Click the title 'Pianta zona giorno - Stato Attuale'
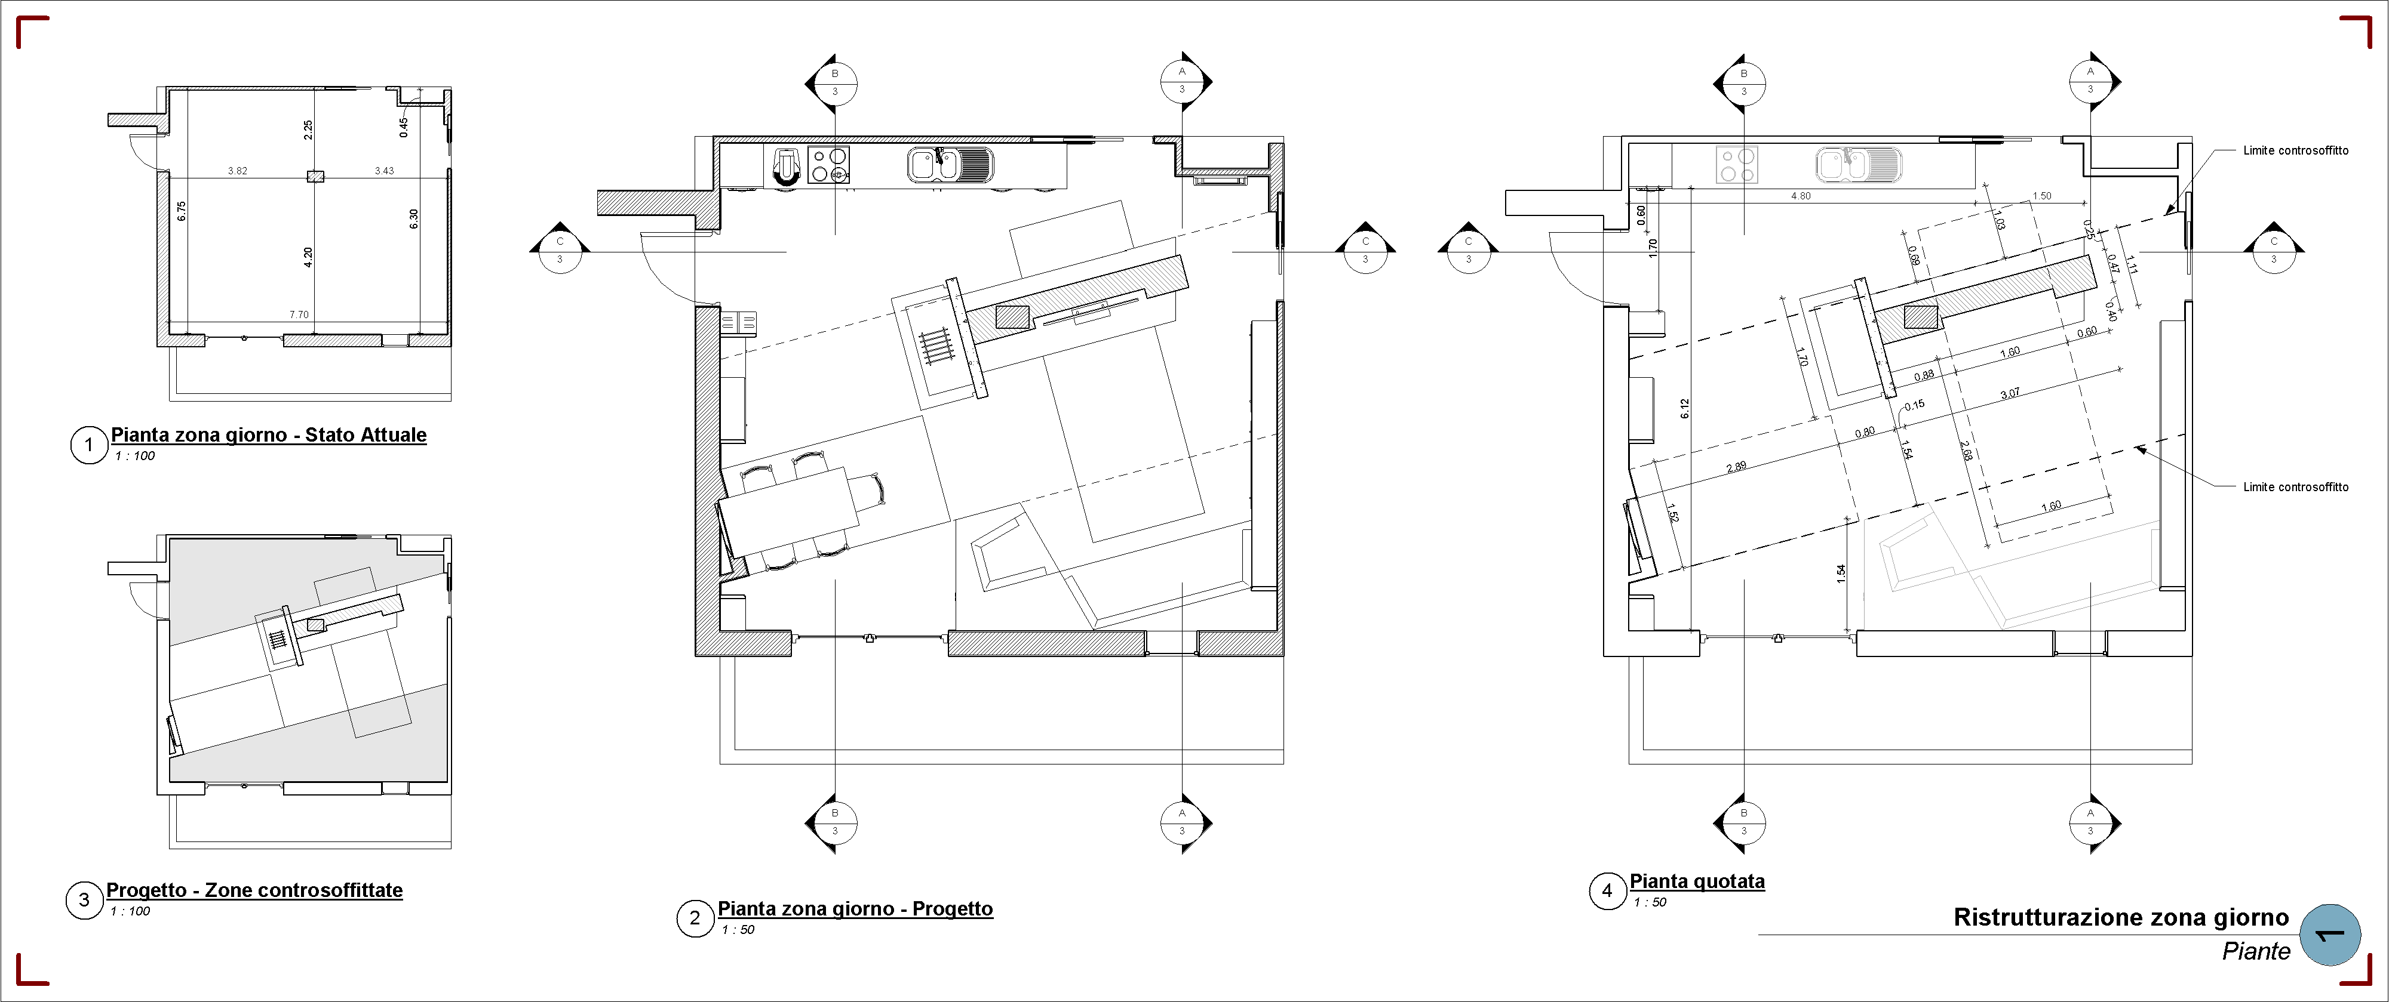(269, 434)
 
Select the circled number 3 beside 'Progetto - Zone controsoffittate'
(84, 899)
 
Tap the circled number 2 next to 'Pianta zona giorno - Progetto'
(695, 918)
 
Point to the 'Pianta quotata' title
(1697, 881)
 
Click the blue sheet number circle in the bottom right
(2330, 935)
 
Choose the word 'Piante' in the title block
(2256, 951)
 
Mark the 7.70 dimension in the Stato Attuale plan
(299, 315)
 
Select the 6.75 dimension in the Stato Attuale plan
(182, 211)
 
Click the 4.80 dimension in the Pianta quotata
(1800, 196)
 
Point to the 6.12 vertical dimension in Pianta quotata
(1685, 409)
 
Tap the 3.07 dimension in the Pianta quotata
(2010, 394)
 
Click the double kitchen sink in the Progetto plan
(950, 165)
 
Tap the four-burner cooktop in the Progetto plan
(828, 165)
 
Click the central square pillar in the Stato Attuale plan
(315, 176)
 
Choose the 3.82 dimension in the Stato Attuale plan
(238, 171)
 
